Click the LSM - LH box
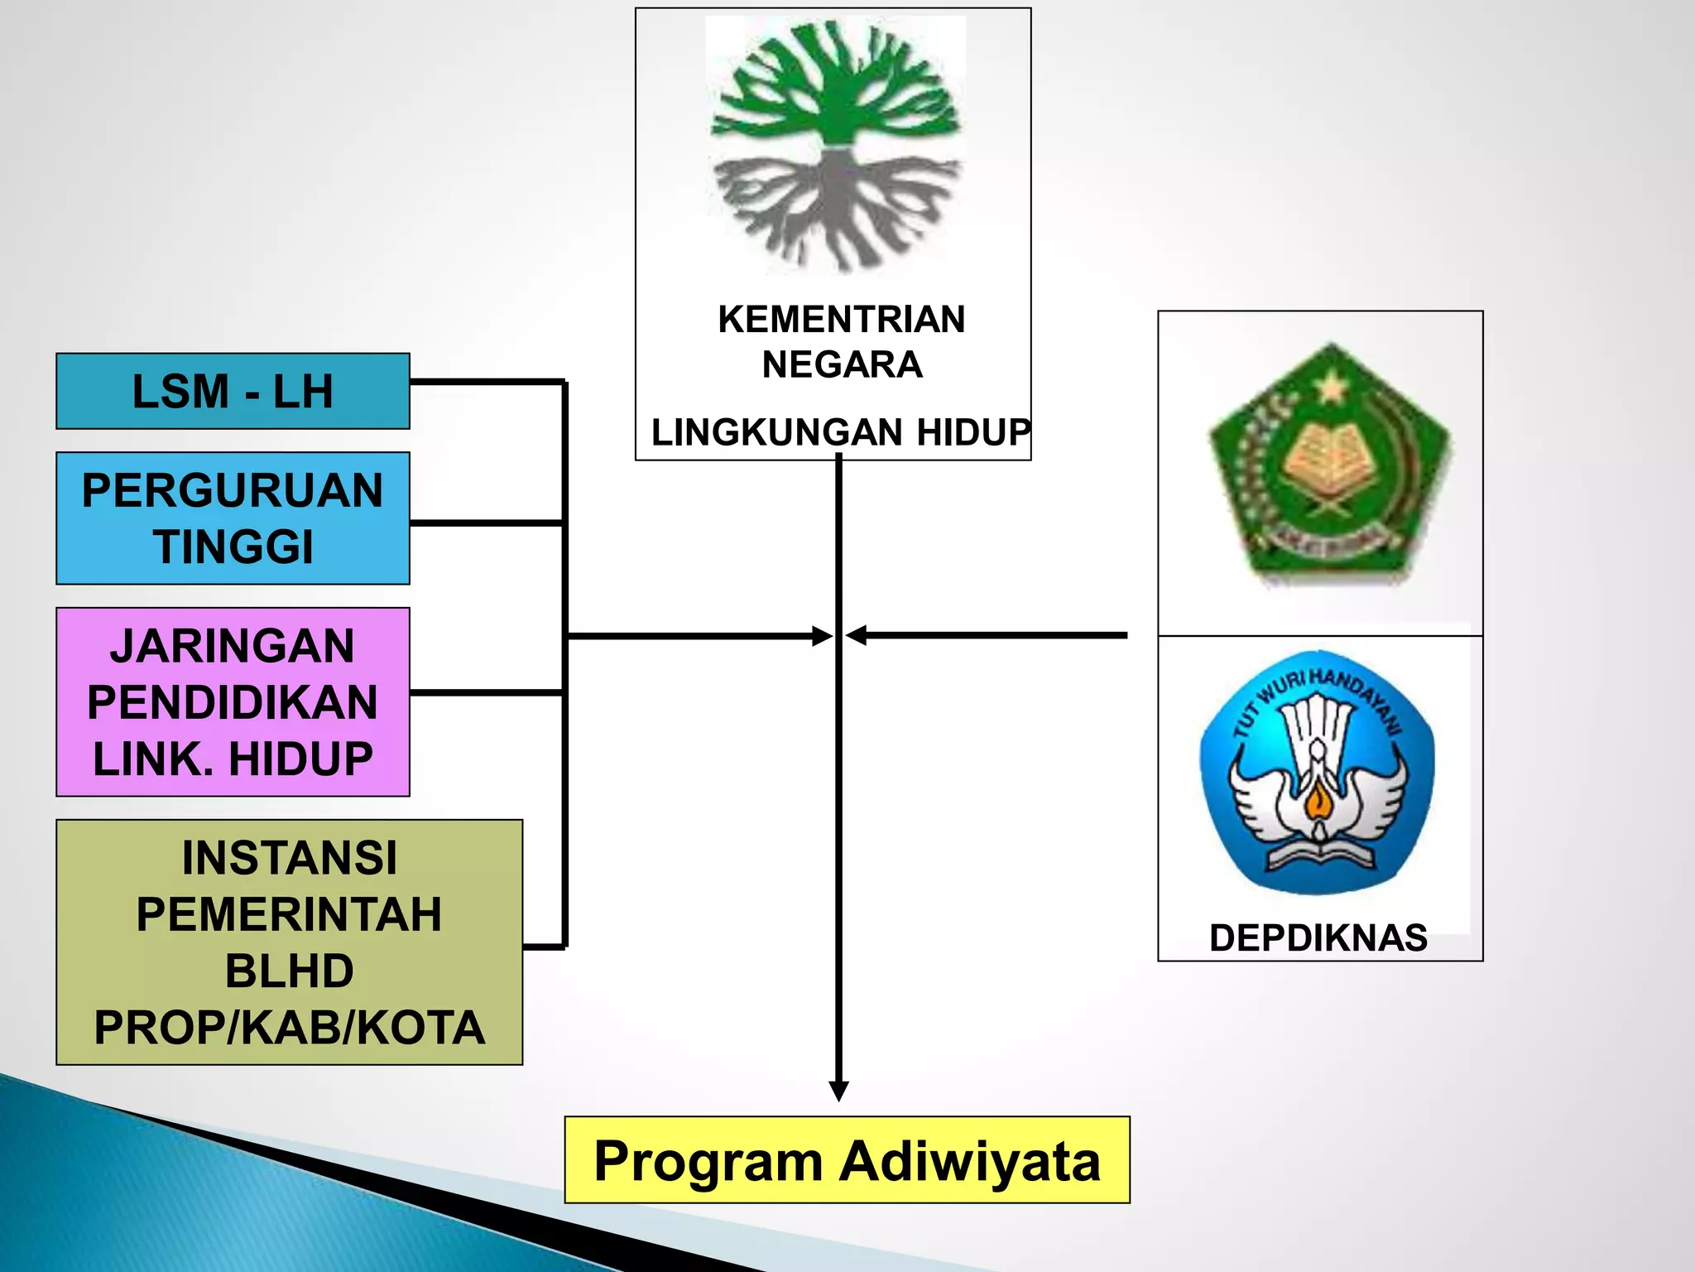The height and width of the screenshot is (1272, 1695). [x=233, y=391]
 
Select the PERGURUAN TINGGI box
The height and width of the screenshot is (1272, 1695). [x=233, y=518]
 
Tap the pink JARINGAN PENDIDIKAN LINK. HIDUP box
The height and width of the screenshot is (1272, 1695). [x=233, y=702]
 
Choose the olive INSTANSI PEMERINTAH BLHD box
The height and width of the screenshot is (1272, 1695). [x=289, y=942]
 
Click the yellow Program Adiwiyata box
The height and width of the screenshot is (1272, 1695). [x=847, y=1159]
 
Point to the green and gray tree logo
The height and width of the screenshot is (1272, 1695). [x=836, y=145]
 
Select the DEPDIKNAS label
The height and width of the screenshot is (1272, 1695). [x=1318, y=938]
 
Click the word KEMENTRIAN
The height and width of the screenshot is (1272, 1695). [x=841, y=320]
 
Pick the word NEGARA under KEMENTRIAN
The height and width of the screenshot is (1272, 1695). [x=842, y=365]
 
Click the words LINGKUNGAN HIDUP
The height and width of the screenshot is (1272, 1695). [x=840, y=432]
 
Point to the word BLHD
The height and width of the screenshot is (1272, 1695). [x=289, y=971]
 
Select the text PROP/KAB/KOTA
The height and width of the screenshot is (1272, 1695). [x=289, y=1028]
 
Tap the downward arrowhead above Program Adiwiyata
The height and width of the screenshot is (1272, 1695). [x=839, y=1091]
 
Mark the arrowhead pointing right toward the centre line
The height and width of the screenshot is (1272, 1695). [x=822, y=636]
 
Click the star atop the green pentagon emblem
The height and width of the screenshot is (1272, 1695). [x=1332, y=386]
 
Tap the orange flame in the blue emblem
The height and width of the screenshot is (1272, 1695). [x=1317, y=801]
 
